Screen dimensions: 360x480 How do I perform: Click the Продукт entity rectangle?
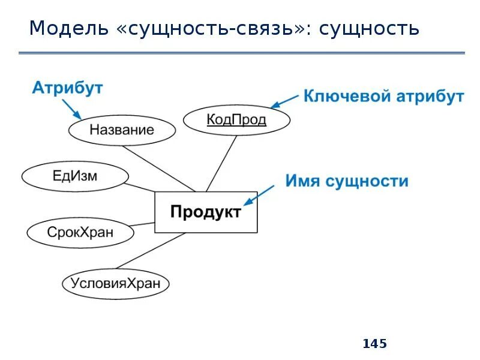tap(206, 212)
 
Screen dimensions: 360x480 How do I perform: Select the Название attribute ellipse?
tap(122, 130)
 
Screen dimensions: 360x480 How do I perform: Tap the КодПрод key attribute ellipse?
tap(236, 120)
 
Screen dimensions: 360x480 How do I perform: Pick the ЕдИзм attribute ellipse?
tap(75, 176)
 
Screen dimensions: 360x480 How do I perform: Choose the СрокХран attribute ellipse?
tap(80, 232)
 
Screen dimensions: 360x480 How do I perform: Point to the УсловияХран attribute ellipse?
tap(115, 283)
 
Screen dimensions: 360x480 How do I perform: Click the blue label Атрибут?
tap(67, 88)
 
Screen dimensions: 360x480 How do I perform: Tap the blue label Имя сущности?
tap(346, 181)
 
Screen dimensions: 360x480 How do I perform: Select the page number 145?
tap(375, 344)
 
